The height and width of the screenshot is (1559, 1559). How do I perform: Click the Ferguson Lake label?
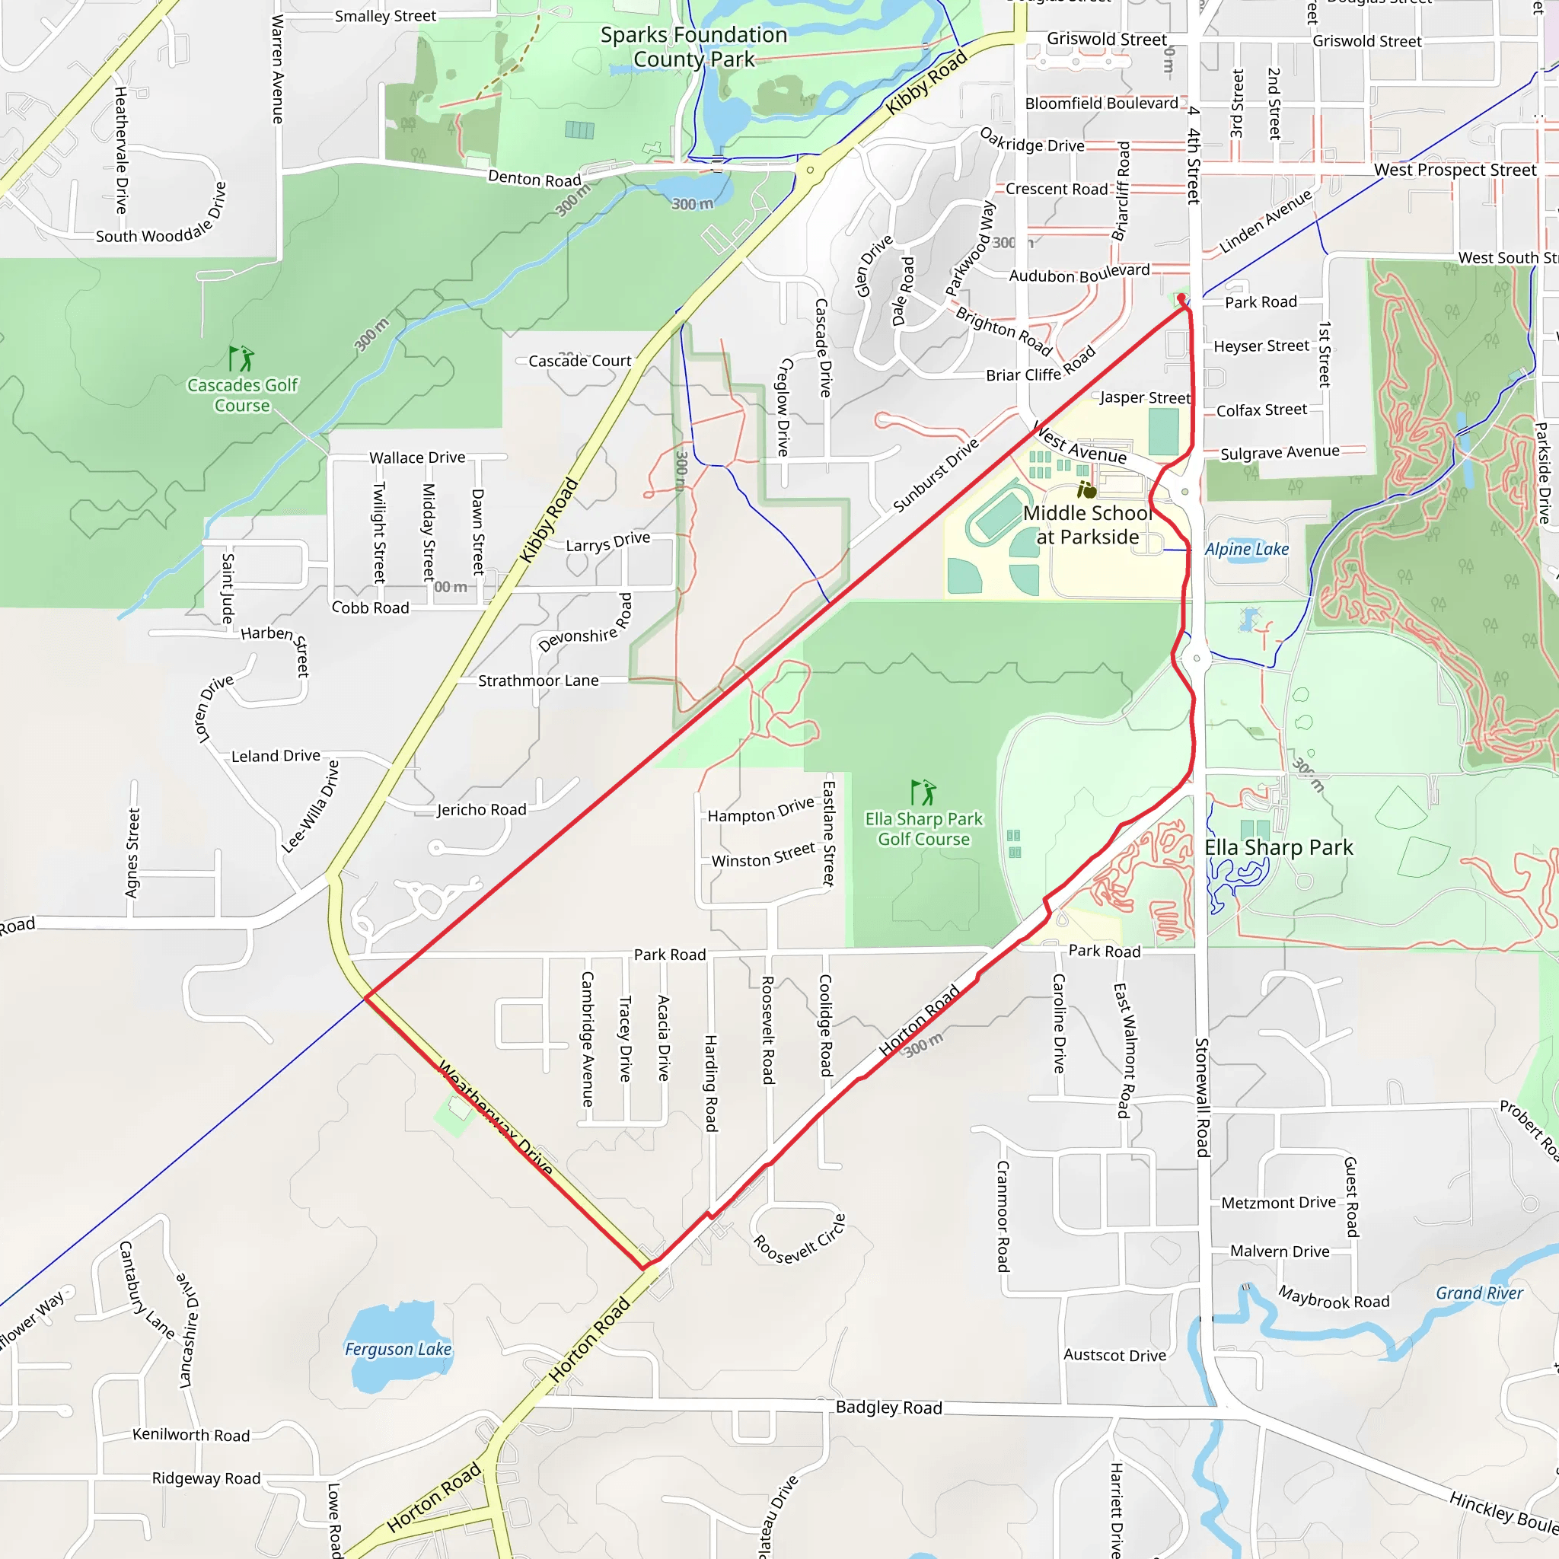[x=398, y=1348]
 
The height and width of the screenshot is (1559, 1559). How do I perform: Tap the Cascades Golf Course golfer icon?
[x=241, y=358]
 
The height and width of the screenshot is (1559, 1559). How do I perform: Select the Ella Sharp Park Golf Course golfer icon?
[x=923, y=792]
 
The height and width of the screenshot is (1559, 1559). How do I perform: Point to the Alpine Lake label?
[x=1247, y=550]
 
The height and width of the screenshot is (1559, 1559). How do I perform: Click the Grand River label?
[x=1479, y=1293]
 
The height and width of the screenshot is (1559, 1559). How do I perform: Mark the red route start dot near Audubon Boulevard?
[x=1181, y=298]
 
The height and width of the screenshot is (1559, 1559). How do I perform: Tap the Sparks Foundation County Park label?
[x=694, y=46]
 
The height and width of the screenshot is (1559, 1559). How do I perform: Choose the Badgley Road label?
[x=888, y=1408]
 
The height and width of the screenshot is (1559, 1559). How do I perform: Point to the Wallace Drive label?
[x=417, y=457]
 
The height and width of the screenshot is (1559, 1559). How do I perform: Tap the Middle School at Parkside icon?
[x=1087, y=489]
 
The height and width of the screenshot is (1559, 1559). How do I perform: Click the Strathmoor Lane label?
[x=538, y=681]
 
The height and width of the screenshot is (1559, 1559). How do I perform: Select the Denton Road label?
[x=534, y=178]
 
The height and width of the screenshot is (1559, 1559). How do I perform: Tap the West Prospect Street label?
[x=1455, y=171]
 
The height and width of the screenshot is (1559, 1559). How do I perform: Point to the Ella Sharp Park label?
[x=1278, y=847]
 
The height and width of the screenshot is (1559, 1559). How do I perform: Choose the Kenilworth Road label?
[x=191, y=1435]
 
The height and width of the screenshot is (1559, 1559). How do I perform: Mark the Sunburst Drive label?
[x=936, y=475]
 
